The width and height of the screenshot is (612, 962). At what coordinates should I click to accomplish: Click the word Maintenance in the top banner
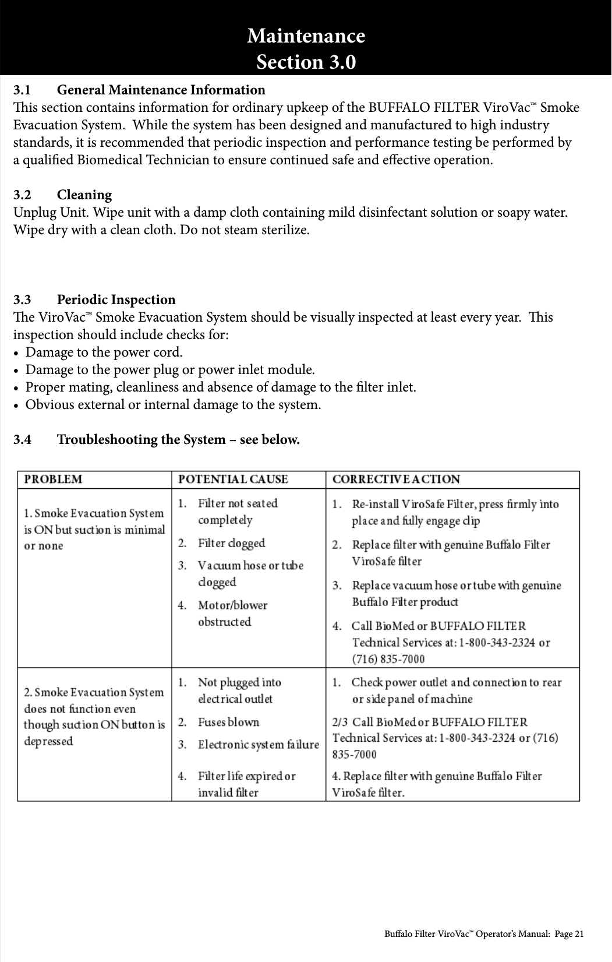(x=306, y=36)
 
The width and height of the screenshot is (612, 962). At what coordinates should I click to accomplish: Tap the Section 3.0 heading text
(x=306, y=62)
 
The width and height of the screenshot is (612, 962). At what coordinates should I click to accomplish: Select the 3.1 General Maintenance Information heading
(x=139, y=90)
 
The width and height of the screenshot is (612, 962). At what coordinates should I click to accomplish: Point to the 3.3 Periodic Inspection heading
(x=94, y=299)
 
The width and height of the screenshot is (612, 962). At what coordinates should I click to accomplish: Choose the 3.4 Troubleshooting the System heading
(x=157, y=439)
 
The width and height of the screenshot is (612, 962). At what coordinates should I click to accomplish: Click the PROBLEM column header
(x=53, y=480)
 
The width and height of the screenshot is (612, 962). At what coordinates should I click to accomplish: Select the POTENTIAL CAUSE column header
(x=233, y=480)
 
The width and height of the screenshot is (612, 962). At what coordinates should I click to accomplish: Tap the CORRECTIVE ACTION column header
(x=396, y=480)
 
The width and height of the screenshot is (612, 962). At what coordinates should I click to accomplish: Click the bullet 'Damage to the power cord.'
(x=104, y=353)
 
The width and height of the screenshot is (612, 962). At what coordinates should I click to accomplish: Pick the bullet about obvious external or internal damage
(x=173, y=405)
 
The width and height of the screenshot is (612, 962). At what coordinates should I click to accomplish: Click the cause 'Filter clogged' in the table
(x=231, y=543)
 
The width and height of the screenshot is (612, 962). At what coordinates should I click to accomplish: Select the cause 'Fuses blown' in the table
(x=228, y=722)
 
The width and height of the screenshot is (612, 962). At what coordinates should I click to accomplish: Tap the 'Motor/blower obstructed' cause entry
(x=232, y=613)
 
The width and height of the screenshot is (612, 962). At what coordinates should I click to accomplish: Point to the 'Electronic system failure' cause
(x=258, y=745)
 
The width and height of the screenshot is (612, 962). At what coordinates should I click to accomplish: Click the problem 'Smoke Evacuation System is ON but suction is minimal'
(x=94, y=529)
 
